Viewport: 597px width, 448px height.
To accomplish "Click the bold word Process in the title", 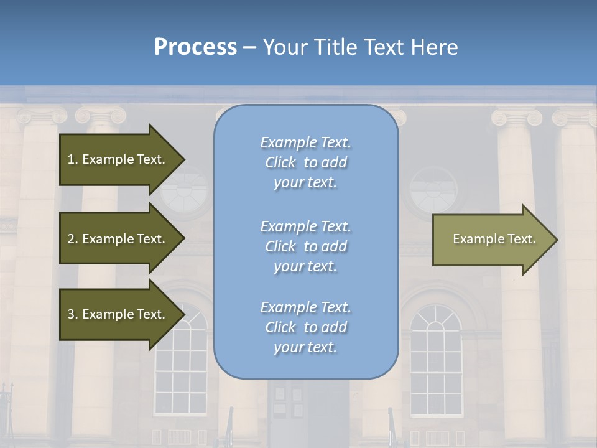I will pos(195,47).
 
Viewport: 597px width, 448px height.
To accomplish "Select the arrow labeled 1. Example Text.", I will pos(118,159).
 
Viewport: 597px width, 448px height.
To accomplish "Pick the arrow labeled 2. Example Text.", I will pos(118,239).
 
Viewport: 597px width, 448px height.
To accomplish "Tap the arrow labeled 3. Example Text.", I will pos(118,314).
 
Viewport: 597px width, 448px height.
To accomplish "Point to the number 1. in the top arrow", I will pos(73,159).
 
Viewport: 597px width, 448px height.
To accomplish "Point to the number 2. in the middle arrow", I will pos(73,239).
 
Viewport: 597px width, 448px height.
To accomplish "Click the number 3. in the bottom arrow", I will pos(73,314).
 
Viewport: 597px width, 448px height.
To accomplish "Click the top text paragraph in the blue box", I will pos(305,162).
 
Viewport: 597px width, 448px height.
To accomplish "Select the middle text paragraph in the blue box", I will pos(305,246).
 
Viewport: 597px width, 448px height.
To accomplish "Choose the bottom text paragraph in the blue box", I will pos(305,327).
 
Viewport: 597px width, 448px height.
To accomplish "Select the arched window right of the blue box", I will pos(436,361).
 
